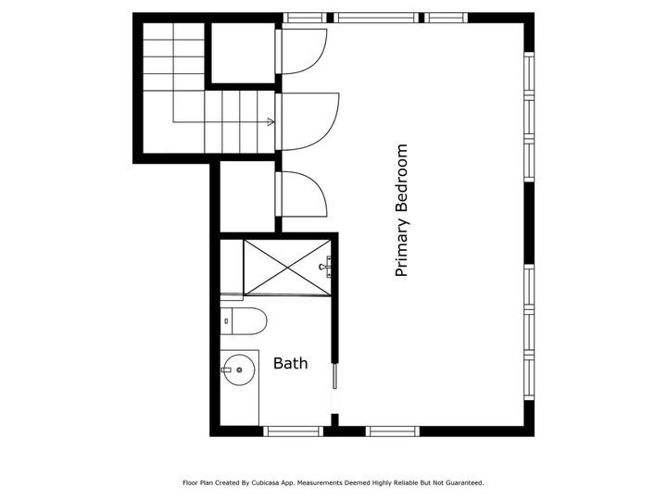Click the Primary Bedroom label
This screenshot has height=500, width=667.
401,210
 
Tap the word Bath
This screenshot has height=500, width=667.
290,364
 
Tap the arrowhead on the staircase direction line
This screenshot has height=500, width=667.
271,122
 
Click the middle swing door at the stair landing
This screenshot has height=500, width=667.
306,120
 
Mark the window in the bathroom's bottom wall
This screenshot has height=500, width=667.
293,431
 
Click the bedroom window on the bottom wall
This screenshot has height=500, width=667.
393,431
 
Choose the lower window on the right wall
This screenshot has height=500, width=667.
529,333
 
